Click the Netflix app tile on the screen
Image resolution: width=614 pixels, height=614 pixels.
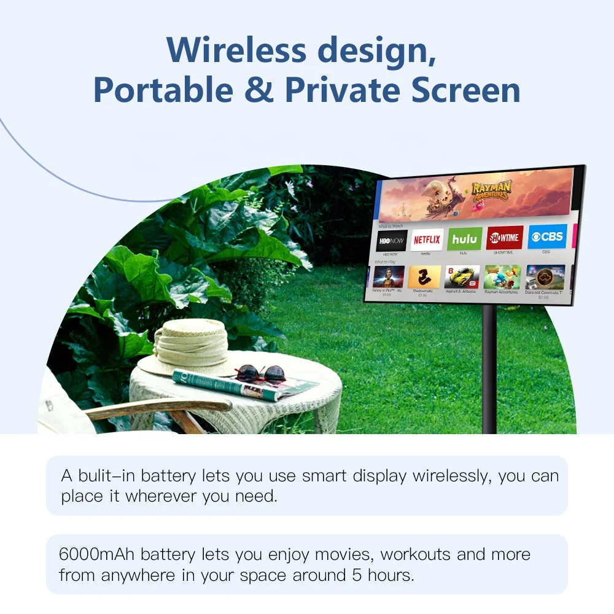pyautogui.click(x=427, y=239)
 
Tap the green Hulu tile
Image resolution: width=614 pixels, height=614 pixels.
pyautogui.click(x=465, y=239)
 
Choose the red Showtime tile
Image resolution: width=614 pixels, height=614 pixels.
pyautogui.click(x=505, y=238)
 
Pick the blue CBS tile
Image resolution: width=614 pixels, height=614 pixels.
pyautogui.click(x=546, y=236)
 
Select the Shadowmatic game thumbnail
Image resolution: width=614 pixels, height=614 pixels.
pyautogui.click(x=424, y=277)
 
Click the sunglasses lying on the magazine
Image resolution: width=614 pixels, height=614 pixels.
pyautogui.click(x=260, y=373)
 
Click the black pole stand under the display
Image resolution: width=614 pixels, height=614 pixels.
pyautogui.click(x=489, y=368)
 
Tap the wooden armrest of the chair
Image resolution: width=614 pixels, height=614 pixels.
pyautogui.click(x=160, y=407)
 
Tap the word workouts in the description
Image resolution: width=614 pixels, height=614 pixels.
pyautogui.click(x=416, y=555)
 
